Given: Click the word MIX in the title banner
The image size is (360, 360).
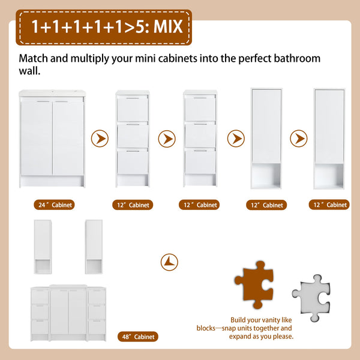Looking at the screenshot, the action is pyautogui.click(x=168, y=26).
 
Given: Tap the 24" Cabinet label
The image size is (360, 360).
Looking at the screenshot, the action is pyautogui.click(x=54, y=205).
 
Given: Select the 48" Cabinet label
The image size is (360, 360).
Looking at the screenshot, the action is pyautogui.click(x=138, y=337).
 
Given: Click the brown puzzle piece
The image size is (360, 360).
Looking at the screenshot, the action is pyautogui.click(x=254, y=284).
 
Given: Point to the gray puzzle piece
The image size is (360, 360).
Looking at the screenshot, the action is pyautogui.click(x=311, y=298).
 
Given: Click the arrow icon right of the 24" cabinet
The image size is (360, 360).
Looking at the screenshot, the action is pyautogui.click(x=100, y=139).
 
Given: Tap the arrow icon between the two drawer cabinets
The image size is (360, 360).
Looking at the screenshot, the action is pyautogui.click(x=167, y=139).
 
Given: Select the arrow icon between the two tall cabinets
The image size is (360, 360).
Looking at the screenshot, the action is pyautogui.click(x=299, y=139).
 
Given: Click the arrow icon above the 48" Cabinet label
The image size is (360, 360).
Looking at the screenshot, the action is pyautogui.click(x=169, y=262).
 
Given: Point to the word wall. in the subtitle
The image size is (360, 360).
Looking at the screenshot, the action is pyautogui.click(x=29, y=71).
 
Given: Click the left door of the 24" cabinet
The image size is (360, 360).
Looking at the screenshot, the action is pyautogui.click(x=36, y=138).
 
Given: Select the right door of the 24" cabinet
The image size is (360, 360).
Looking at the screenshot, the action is pyautogui.click(x=68, y=138).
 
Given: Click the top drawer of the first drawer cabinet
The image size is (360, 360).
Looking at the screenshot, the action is pyautogui.click(x=133, y=109).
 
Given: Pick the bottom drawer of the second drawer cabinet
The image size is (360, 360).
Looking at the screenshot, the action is pyautogui.click(x=200, y=161).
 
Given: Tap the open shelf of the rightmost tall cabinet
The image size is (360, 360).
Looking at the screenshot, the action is pyautogui.click(x=329, y=176).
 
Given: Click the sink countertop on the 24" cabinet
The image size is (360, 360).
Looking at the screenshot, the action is pyautogui.click(x=52, y=93).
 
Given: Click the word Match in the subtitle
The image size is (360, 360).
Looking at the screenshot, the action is pyautogui.click(x=33, y=58).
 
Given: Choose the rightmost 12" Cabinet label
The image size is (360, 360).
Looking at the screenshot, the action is pyautogui.click(x=329, y=205).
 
